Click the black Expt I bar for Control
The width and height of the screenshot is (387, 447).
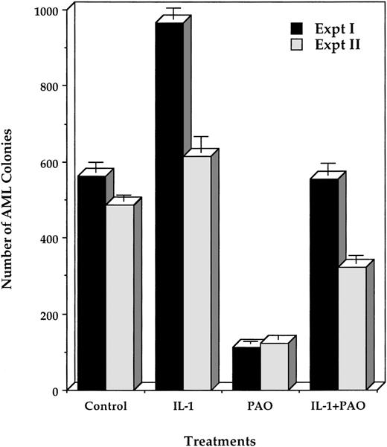coord(92,283)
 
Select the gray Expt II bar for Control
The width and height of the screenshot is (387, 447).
coord(119,298)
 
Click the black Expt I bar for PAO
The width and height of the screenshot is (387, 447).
coord(247,369)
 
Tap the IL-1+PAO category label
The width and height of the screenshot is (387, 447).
coord(338,407)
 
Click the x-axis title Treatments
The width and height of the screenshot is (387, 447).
coord(221,440)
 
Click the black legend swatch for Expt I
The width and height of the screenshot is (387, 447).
coord(297,29)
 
